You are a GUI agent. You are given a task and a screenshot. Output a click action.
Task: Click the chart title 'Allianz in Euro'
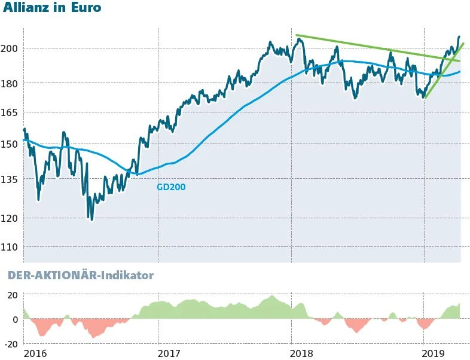click(52, 8)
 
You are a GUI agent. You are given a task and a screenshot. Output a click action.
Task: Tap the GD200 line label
click(171, 187)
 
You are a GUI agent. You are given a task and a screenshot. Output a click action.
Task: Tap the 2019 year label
click(438, 353)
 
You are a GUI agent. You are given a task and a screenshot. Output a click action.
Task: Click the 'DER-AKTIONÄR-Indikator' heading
click(80, 276)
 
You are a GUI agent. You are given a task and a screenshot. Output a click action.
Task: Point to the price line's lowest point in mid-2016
click(91, 219)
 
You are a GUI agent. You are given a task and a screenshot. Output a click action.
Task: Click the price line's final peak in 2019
click(459, 37)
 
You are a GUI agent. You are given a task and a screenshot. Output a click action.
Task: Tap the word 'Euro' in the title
click(86, 8)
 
